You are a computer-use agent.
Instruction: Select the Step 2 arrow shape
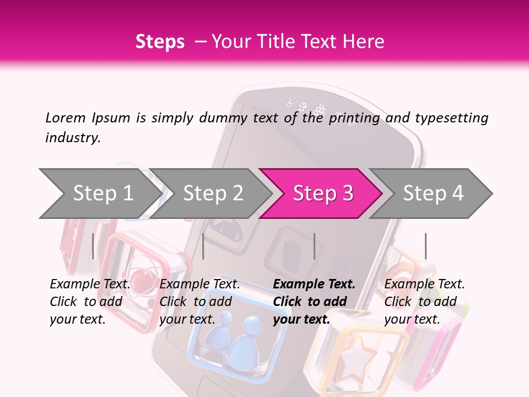(213, 194)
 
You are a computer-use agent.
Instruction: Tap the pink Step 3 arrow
(323, 194)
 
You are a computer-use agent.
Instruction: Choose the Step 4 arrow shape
(433, 194)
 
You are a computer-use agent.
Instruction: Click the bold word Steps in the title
(160, 42)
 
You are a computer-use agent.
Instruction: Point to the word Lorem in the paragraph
(66, 117)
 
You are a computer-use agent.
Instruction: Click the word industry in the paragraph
(72, 138)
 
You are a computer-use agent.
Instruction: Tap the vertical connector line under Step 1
(93, 246)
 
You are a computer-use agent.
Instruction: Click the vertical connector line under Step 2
(203, 246)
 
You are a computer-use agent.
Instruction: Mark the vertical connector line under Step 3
(314, 246)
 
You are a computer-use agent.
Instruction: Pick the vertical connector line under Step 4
(425, 246)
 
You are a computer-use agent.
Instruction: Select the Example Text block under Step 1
(90, 302)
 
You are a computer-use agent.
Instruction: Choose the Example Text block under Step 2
(199, 302)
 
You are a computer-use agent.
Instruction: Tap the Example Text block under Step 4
(424, 302)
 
